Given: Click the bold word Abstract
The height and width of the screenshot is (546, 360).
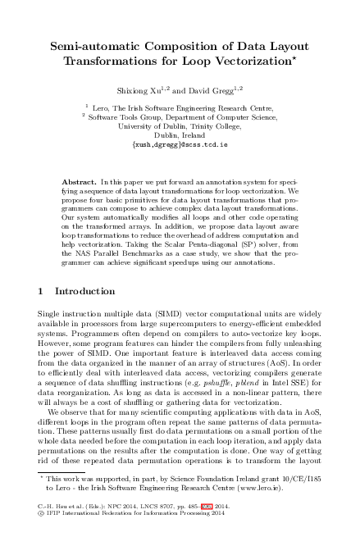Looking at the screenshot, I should point(80,179).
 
